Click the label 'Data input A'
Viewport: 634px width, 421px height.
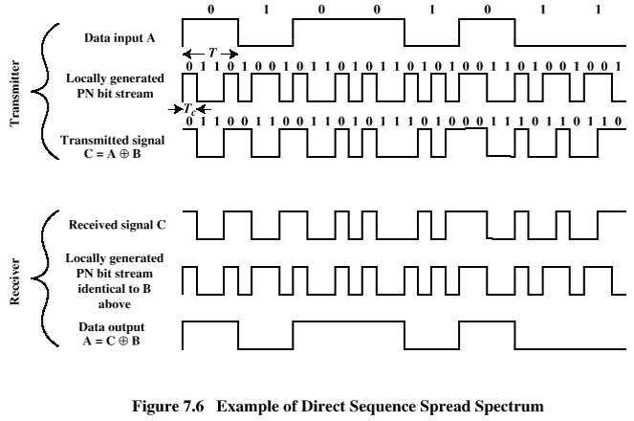click(x=120, y=38)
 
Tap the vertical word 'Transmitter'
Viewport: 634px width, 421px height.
click(x=14, y=93)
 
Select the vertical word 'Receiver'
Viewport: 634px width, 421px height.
click(x=14, y=281)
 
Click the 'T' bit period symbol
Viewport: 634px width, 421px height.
click(x=212, y=53)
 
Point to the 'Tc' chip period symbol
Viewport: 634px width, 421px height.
click(x=189, y=109)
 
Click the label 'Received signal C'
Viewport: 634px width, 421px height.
click(x=118, y=225)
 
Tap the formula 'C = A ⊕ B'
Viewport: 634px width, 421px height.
click(x=113, y=154)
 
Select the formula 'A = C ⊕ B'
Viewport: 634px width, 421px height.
click(x=112, y=341)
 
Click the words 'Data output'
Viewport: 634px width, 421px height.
click(x=112, y=327)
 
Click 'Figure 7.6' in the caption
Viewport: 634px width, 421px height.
click(x=168, y=406)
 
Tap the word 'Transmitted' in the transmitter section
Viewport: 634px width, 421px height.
click(x=90, y=140)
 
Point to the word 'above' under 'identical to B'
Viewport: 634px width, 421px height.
click(x=115, y=304)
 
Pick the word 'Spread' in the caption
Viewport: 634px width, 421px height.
click(x=446, y=407)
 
